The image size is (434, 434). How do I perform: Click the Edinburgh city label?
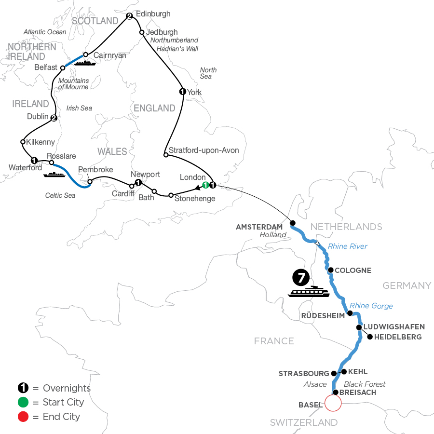(x=153, y=14)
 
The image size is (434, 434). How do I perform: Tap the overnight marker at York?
(x=182, y=92)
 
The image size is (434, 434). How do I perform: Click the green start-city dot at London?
(x=205, y=185)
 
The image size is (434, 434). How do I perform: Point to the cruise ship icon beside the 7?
(x=309, y=292)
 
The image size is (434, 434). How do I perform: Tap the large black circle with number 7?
(x=300, y=278)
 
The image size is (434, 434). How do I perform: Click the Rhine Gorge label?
(x=371, y=306)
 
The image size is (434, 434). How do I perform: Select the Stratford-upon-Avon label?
(x=204, y=150)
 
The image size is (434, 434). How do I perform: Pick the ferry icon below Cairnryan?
(x=85, y=63)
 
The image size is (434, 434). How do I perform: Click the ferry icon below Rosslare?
(x=54, y=174)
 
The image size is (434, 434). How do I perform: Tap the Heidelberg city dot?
(x=370, y=337)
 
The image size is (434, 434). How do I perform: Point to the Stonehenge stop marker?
(x=171, y=195)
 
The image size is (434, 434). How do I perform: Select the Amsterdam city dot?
(x=292, y=223)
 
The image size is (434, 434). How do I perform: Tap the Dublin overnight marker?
(x=54, y=118)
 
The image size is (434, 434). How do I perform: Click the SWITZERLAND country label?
(x=303, y=423)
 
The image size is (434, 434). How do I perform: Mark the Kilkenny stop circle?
(x=23, y=142)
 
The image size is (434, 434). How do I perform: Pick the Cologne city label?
(x=353, y=271)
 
